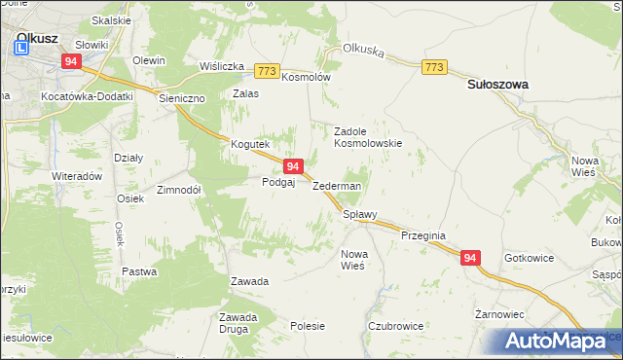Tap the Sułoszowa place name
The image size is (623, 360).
coord(498,85)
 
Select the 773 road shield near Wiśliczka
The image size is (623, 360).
coord(268,71)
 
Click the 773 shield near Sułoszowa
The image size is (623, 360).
coord(434,67)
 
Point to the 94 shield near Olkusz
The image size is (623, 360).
coord(70,60)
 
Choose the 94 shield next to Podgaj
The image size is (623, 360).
coord(292,167)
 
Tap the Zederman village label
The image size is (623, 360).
coord(337,186)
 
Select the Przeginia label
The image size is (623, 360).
coord(423,235)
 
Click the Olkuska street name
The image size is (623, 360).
coord(362,47)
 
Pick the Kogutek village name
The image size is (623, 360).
coord(248,144)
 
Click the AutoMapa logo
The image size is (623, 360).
coord(563,341)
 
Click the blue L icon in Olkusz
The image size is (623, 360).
coord(20,45)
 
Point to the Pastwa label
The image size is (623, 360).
coord(139,271)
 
